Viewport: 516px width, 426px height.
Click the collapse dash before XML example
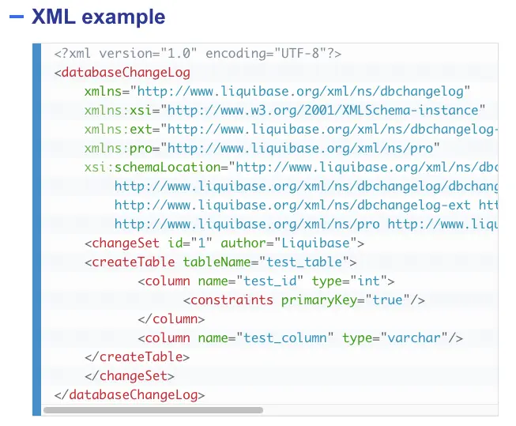coord(16,17)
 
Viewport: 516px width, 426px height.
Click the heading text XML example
coord(99,17)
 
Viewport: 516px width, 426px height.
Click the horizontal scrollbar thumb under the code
coord(153,410)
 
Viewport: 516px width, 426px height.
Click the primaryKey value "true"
coord(387,300)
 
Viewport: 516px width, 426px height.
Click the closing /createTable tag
coord(141,356)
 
